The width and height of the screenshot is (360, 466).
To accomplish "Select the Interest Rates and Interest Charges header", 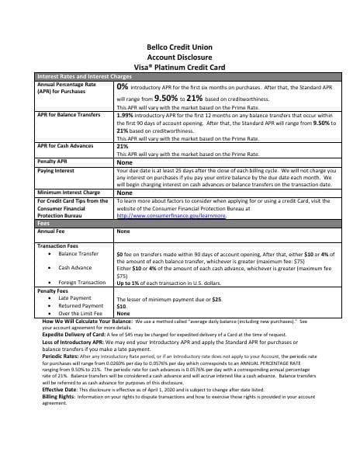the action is (x=84, y=77).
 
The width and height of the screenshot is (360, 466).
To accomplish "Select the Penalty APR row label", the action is (x=52, y=161).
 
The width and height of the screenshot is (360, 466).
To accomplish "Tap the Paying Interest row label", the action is (x=56, y=169).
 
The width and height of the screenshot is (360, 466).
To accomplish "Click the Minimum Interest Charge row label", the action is (x=69, y=192).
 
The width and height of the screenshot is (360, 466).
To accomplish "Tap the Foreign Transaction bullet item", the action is (x=81, y=283).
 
